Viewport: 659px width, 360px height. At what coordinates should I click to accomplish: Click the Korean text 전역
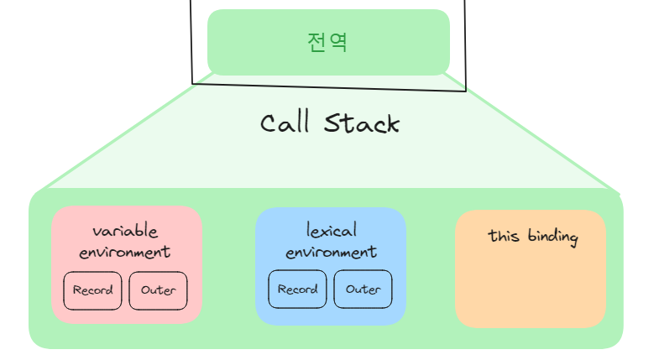tap(327, 42)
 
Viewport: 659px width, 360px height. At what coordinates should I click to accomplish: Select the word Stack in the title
tap(362, 124)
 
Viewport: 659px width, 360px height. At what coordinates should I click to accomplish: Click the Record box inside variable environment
tap(92, 290)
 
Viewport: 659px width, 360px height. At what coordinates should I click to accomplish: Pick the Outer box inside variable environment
tap(158, 290)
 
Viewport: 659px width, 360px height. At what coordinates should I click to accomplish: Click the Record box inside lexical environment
tap(297, 290)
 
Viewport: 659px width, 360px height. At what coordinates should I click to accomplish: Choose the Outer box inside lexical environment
tap(363, 290)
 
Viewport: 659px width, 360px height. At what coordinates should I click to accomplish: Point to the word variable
tap(125, 232)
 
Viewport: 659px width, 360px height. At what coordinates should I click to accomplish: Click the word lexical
tap(331, 231)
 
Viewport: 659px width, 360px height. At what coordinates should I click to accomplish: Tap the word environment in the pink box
tap(125, 251)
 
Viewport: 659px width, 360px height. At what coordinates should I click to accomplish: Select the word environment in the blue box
tap(331, 252)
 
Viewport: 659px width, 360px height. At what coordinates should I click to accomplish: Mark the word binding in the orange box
tap(553, 237)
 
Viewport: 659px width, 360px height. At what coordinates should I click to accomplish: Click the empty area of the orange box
tap(531, 290)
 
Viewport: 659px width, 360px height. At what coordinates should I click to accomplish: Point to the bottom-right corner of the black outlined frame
tap(465, 90)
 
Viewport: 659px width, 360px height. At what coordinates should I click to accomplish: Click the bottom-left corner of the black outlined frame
tap(193, 83)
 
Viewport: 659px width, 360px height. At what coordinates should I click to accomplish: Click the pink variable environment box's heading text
tap(125, 241)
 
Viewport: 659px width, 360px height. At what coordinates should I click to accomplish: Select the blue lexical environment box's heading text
tap(331, 241)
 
